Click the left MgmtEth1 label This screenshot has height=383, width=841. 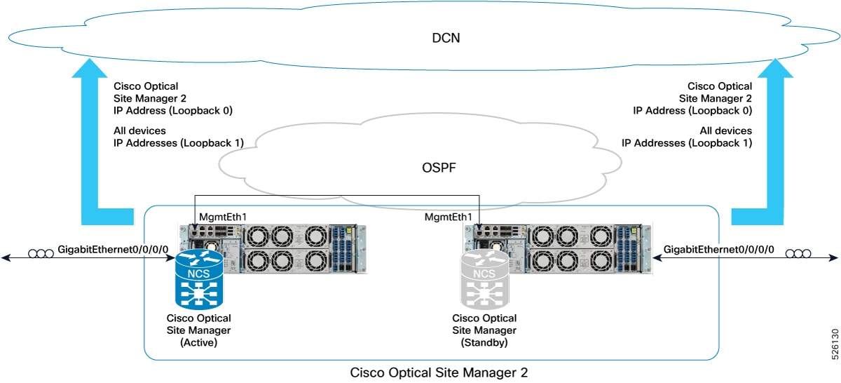coord(223,217)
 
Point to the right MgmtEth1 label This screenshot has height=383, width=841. coord(449,217)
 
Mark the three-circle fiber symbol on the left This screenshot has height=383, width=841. coord(40,254)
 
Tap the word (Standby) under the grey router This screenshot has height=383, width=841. coord(484,343)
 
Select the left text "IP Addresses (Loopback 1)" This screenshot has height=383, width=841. coord(179,143)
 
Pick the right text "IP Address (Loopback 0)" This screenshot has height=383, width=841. coord(692,110)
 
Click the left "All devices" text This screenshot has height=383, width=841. coord(139,131)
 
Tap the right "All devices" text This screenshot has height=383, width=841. coord(726,131)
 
